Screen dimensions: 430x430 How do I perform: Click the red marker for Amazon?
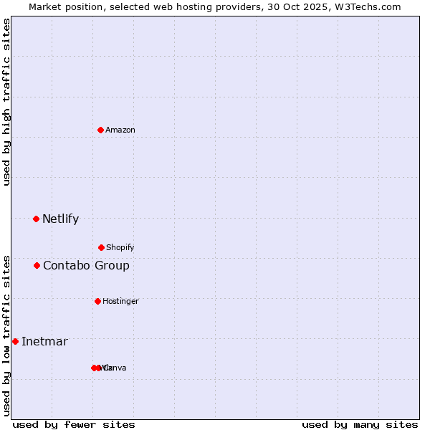point(100,130)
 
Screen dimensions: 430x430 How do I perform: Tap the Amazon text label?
point(120,130)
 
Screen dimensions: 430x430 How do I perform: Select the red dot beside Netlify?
point(36,219)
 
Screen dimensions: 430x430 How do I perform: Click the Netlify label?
point(60,219)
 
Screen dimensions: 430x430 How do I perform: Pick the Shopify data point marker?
point(101,247)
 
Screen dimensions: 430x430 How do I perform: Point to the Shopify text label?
point(120,247)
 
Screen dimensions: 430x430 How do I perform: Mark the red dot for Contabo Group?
point(37,265)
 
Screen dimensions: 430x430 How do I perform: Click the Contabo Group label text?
point(86,266)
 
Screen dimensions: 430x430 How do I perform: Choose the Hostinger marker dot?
point(97,301)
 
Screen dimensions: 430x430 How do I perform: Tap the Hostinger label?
point(120,301)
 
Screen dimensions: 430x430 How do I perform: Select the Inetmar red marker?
point(15,341)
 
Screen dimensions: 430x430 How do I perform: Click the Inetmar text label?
point(44,341)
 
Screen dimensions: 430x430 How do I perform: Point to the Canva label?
point(116,368)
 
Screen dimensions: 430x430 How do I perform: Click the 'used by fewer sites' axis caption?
point(74,424)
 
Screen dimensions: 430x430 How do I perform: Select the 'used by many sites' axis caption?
point(360,424)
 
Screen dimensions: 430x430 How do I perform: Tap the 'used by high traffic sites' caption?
point(6,102)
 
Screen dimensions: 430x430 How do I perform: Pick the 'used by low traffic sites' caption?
point(6,335)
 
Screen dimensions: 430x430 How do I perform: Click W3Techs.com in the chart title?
point(365,6)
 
